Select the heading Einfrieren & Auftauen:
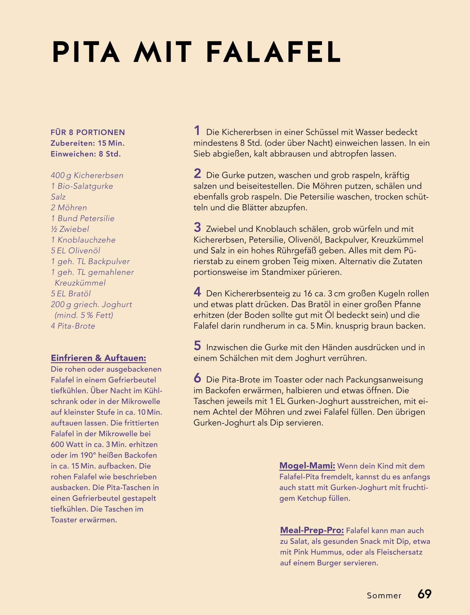tap(99, 358)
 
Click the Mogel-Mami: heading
tap(307, 466)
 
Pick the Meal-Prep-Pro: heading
tap(312, 530)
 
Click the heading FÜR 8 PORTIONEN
tap(88, 132)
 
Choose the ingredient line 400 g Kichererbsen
tap(87, 175)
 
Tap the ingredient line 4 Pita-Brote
tap(73, 326)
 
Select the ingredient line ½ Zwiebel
tap(70, 229)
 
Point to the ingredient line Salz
tap(58, 197)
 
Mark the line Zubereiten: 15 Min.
tap(88, 143)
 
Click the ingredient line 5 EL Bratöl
tap(71, 294)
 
